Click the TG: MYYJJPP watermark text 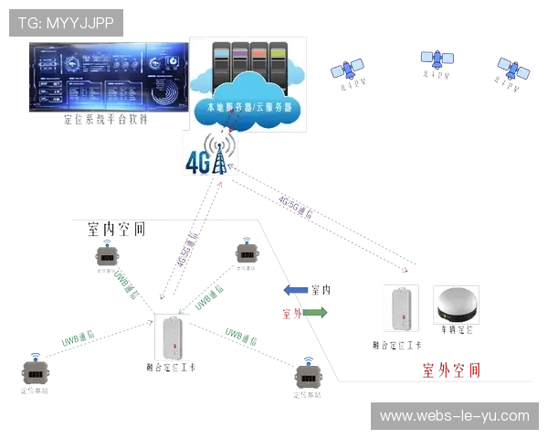[x=66, y=23]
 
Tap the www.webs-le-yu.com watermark [x=454, y=416]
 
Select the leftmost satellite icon [x=347, y=70]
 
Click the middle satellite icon [x=437, y=59]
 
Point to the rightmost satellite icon [x=513, y=67]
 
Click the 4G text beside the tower [x=197, y=161]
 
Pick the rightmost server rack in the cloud [x=281, y=65]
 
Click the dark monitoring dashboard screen [x=107, y=79]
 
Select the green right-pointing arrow [x=313, y=313]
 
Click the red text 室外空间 [x=448, y=370]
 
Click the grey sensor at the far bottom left [x=35, y=374]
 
